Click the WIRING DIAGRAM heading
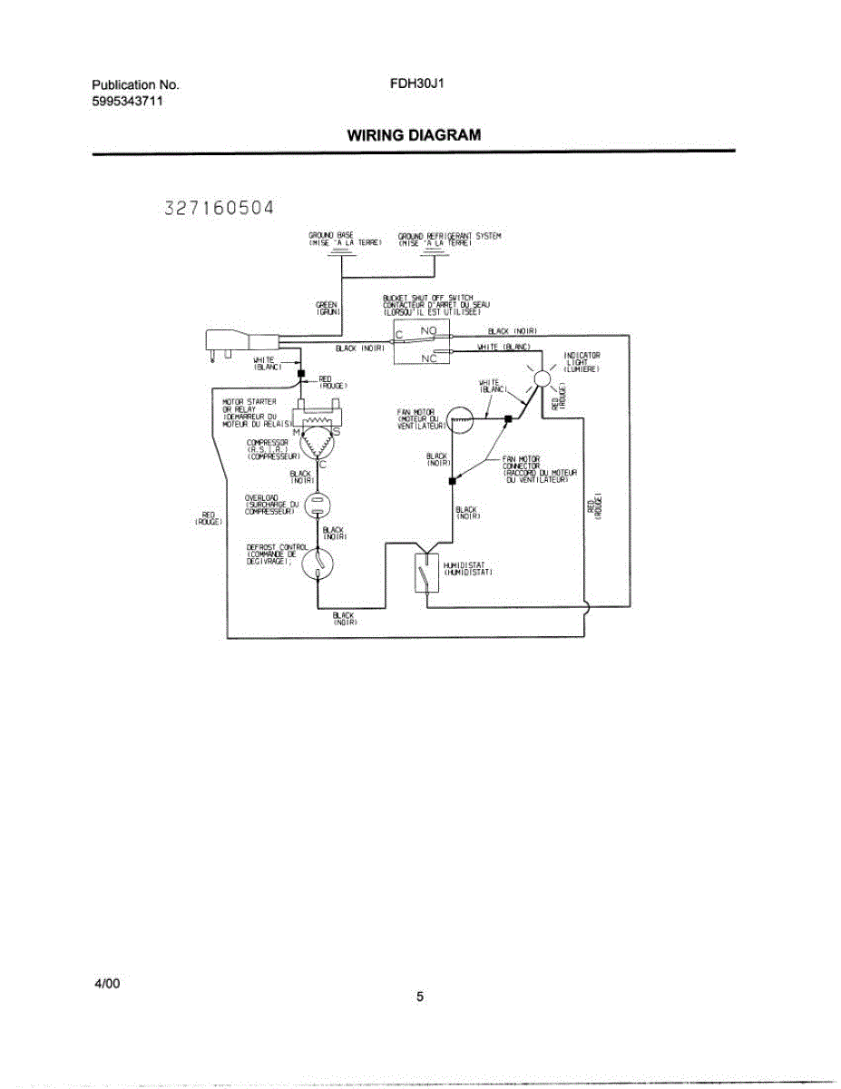click(x=413, y=135)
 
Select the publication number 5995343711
click(x=128, y=101)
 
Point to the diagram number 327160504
click(x=219, y=208)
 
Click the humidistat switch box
click(x=426, y=573)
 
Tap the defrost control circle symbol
click(x=318, y=563)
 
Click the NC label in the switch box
click(x=429, y=358)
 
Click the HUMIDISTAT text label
click(x=468, y=568)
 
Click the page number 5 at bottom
click(x=420, y=997)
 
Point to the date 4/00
click(x=106, y=984)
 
